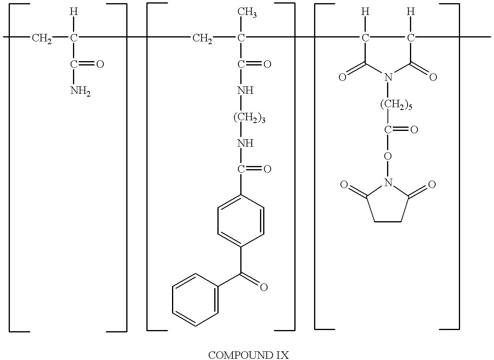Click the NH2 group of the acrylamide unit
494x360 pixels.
(80, 91)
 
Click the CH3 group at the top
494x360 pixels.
(247, 12)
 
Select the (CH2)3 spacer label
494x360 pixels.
(249, 117)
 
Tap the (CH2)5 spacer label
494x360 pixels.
(396, 104)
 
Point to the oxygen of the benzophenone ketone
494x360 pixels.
(264, 287)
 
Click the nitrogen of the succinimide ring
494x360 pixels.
(388, 183)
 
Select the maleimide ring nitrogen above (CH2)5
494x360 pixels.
(388, 77)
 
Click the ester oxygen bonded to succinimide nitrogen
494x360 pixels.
(388, 156)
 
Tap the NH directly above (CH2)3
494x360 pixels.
(245, 90)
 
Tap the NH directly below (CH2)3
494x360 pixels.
(245, 143)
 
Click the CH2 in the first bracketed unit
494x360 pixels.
(42, 38)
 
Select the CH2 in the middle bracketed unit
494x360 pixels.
(202, 38)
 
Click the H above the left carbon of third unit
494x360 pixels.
(365, 11)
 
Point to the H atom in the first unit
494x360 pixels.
(74, 11)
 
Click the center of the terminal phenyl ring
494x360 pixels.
(195, 300)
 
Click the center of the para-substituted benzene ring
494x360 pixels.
(241, 221)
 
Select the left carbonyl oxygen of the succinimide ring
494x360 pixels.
(344, 185)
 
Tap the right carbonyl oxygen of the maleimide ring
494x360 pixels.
(433, 77)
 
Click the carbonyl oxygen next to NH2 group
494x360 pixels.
(100, 64)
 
